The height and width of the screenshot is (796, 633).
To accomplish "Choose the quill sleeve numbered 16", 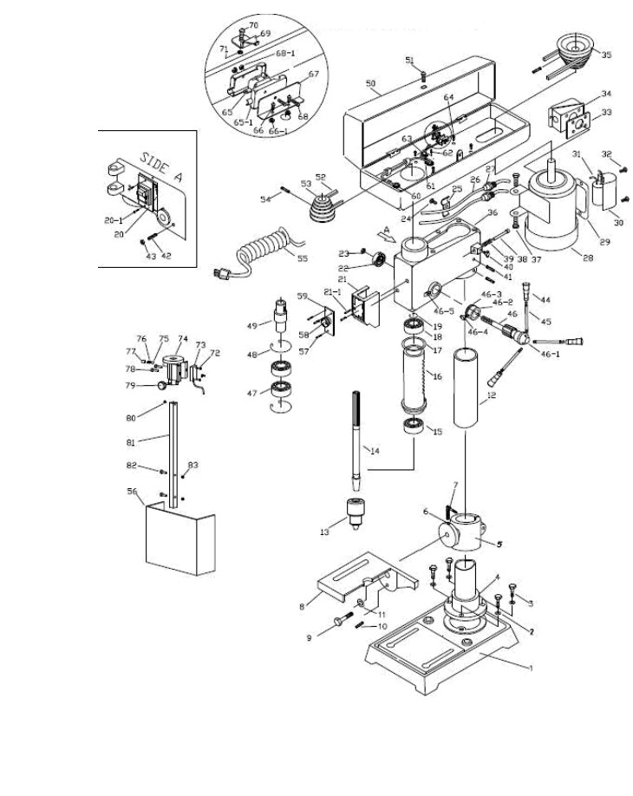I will [x=415, y=382].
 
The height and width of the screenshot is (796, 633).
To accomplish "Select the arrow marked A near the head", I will [x=386, y=232].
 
